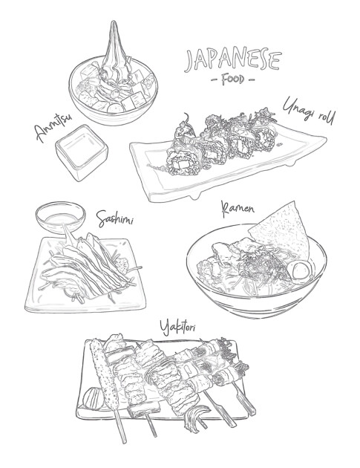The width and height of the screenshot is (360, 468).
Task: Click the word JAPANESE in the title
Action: pos(222,59)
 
